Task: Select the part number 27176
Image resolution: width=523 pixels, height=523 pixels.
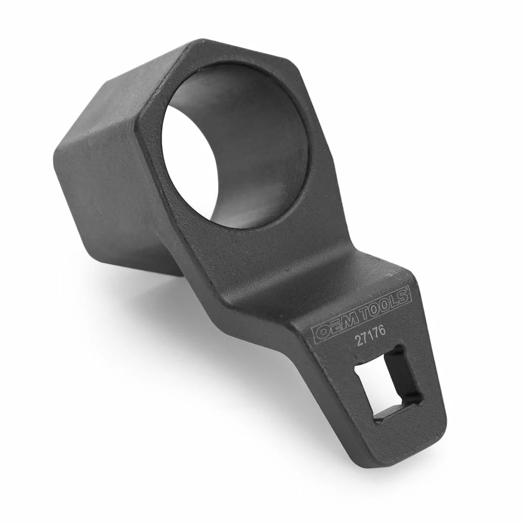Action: point(370,336)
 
